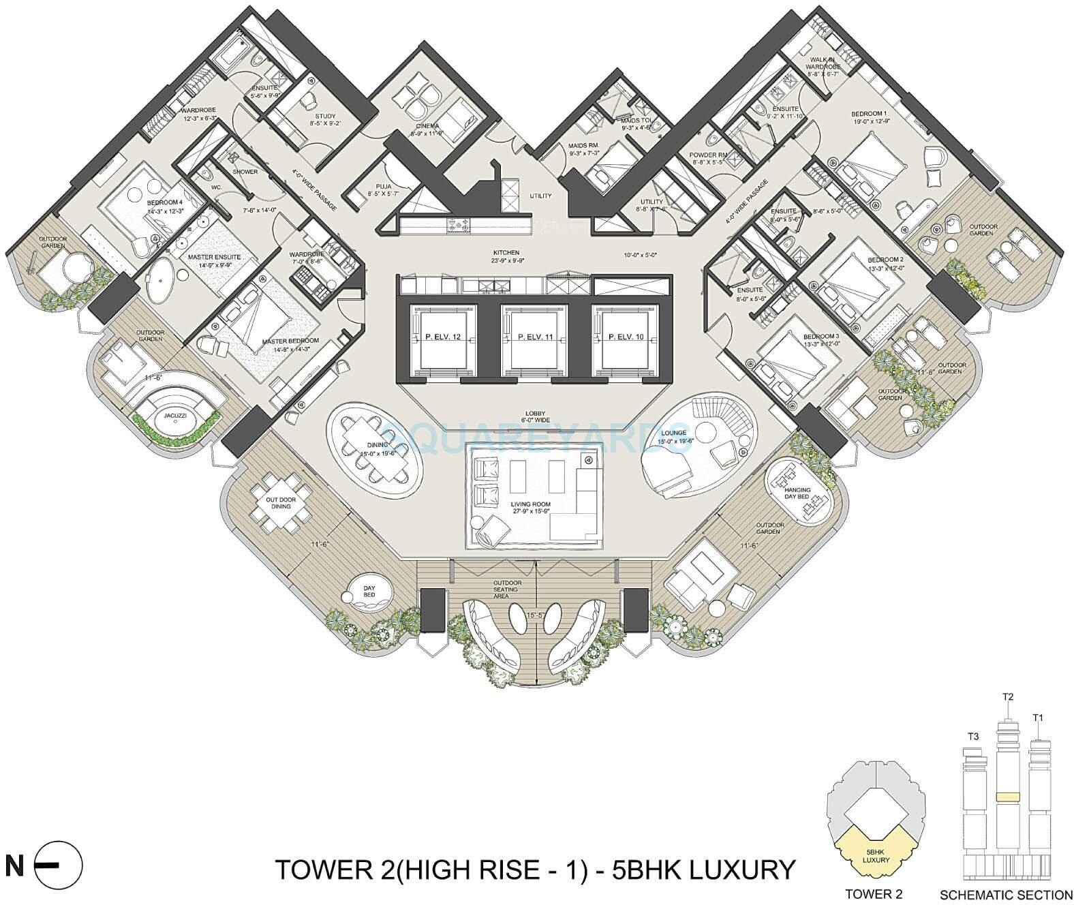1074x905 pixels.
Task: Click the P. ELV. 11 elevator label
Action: coord(534,336)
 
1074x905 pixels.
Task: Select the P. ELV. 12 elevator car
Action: coord(442,337)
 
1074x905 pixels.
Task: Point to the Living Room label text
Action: coord(530,504)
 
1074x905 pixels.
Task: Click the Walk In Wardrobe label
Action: coord(823,63)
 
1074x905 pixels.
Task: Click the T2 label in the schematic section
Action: coord(1008,715)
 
